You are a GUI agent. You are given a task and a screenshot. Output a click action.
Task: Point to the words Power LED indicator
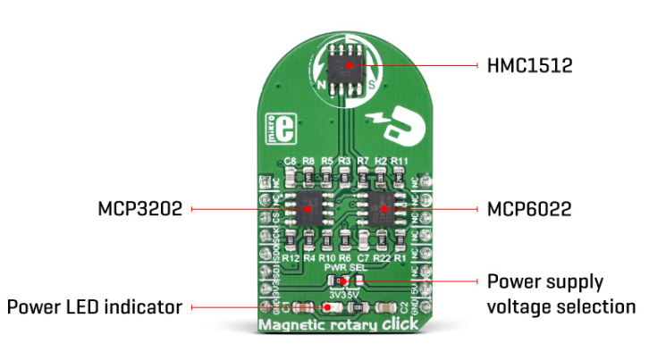click(x=94, y=307)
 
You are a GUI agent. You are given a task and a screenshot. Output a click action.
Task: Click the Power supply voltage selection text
click(x=561, y=294)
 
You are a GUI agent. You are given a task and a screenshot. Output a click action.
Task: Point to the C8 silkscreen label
click(x=290, y=162)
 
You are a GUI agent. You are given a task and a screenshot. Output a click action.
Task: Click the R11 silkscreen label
click(x=400, y=162)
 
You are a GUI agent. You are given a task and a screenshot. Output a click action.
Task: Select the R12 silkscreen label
click(x=290, y=257)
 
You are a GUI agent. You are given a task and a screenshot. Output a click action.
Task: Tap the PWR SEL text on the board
click(x=345, y=267)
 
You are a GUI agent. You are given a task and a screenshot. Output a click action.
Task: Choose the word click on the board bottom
click(x=392, y=325)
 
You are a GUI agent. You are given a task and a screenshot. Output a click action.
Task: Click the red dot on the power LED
click(x=327, y=307)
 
